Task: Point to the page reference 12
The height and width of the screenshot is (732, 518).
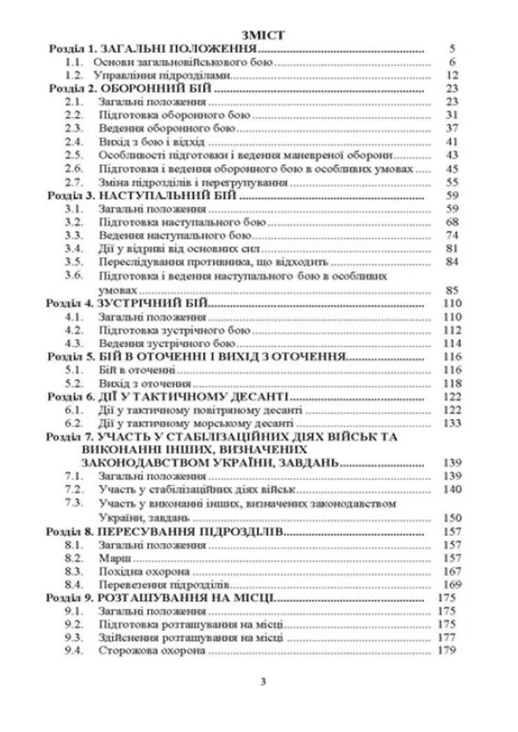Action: click(x=451, y=75)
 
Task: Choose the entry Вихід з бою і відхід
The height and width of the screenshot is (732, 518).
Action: click(x=136, y=141)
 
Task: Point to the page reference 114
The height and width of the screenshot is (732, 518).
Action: click(x=450, y=343)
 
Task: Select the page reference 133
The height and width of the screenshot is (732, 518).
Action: click(x=450, y=423)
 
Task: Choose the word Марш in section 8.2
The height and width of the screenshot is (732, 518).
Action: click(x=110, y=558)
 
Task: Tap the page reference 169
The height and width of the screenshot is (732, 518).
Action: click(x=450, y=585)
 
